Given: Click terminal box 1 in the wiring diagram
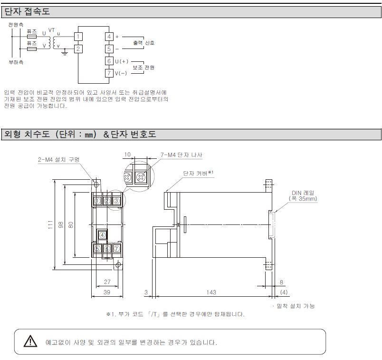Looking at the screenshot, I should (78, 37).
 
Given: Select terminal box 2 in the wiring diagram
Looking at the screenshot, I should (78, 48).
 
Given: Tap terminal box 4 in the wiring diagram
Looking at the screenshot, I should (109, 37).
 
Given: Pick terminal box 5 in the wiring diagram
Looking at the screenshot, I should (109, 49).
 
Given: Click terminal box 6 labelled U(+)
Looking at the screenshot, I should (109, 61).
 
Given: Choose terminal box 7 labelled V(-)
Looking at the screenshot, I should (109, 73).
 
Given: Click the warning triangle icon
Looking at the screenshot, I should (30, 341).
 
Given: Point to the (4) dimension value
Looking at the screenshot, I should (284, 292).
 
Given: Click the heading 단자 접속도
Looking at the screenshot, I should (27, 11).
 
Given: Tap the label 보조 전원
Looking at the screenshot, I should (143, 68).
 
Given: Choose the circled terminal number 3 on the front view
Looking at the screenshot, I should (116, 201).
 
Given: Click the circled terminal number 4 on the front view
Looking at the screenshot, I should (102, 234).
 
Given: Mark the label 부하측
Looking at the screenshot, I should (16, 62).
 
